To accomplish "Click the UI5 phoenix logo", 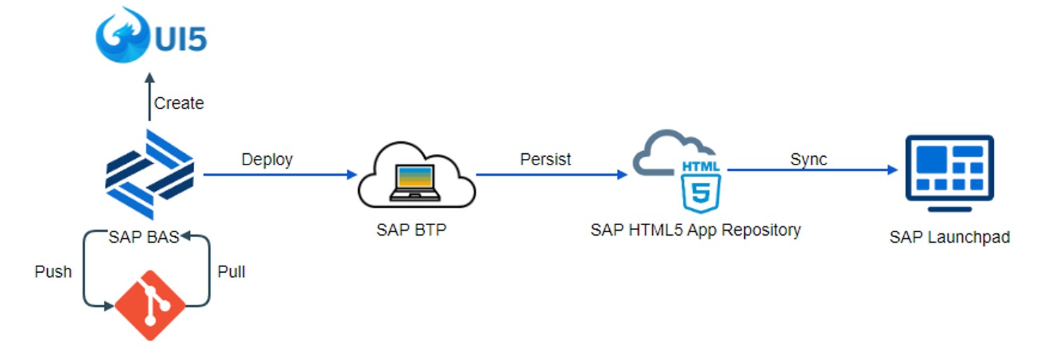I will (x=121, y=34).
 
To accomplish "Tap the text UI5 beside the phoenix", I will (x=179, y=37).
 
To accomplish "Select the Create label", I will (x=179, y=103).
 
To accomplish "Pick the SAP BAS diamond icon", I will (x=149, y=174).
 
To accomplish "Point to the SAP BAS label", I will (x=144, y=237).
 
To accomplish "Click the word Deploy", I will (x=267, y=160).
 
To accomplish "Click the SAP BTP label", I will (x=411, y=230).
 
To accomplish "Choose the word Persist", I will (x=545, y=160).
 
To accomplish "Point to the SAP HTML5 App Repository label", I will (x=695, y=230).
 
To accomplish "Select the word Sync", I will (x=808, y=160).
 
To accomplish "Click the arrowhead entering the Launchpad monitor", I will (x=893, y=170).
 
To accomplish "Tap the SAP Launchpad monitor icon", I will (x=949, y=172).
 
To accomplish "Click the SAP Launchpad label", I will (x=949, y=238).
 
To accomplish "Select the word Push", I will (x=53, y=271).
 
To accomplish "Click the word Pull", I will (x=231, y=271).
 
